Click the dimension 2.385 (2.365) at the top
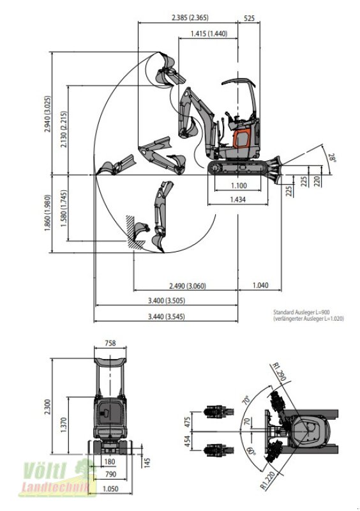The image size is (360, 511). pos(190,17)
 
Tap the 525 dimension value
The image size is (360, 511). pos(249,18)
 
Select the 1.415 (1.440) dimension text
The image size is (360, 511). pos(209,33)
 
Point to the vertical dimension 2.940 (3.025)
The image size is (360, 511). pos(48,114)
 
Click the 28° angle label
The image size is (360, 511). pos(332,158)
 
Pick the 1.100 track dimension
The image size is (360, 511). pos(239,185)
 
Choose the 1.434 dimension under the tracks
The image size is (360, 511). pos(238,199)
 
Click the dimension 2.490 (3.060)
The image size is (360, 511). pos(188,286)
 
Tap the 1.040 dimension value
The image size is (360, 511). pos(260,286)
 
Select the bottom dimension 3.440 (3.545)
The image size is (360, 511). pos(166,316)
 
